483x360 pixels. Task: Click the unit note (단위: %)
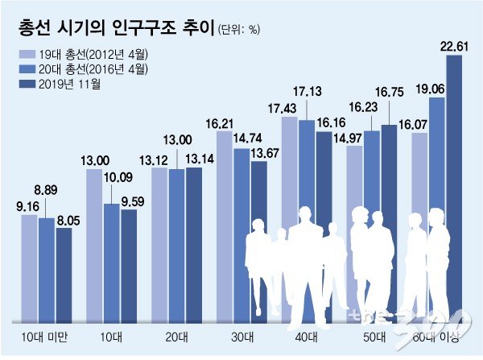coord(239,31)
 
